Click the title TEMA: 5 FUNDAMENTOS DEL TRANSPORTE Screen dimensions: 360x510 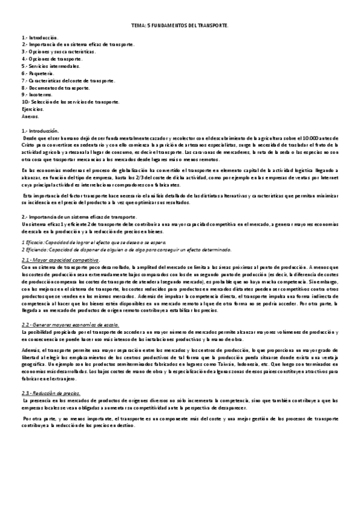(x=180, y=26)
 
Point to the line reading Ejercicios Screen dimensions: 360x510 (x=32, y=109)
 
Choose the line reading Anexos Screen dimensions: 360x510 (x=29, y=116)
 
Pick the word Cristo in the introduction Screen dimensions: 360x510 (x=29, y=145)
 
